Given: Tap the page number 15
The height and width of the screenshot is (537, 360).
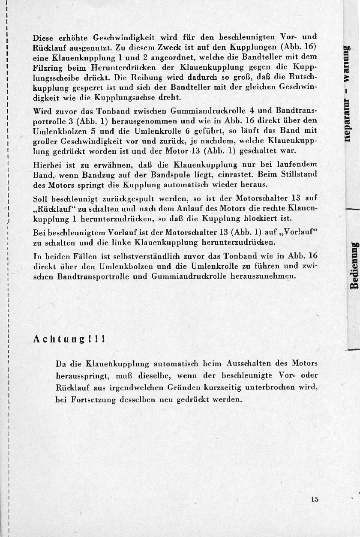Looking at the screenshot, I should click(315, 499).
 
